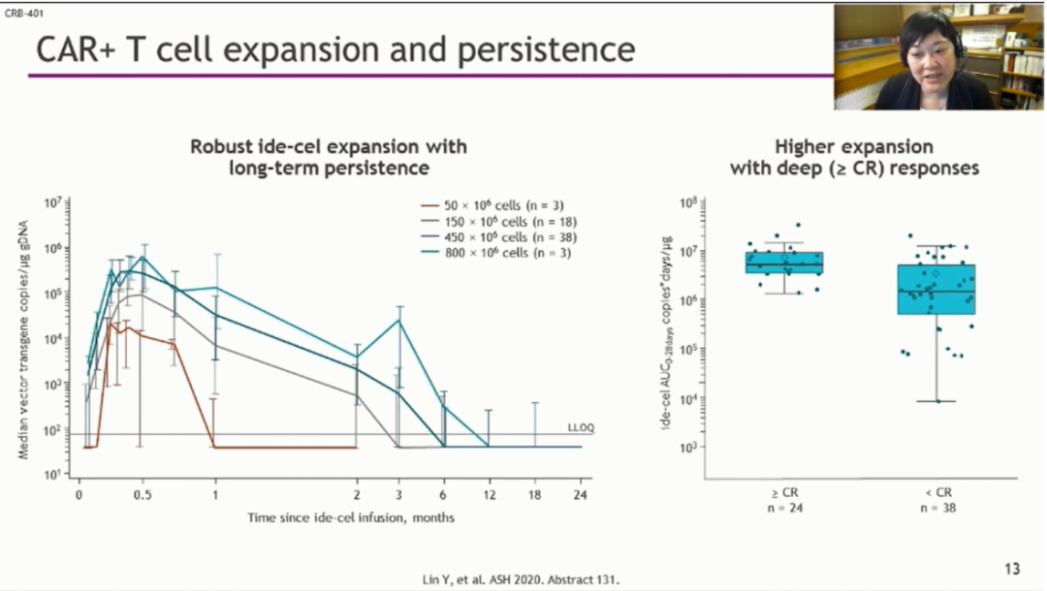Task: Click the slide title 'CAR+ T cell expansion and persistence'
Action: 335,49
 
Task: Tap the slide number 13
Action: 1011,569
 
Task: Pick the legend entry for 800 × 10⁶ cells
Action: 489,253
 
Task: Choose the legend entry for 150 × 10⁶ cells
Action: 489,222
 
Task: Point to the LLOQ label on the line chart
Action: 579,427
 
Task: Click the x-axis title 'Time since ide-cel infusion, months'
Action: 351,517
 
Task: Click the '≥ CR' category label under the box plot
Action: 772,493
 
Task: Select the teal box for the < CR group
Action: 936,289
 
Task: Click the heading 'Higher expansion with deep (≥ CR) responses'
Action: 854,158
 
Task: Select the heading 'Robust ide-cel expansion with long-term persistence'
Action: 329,157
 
